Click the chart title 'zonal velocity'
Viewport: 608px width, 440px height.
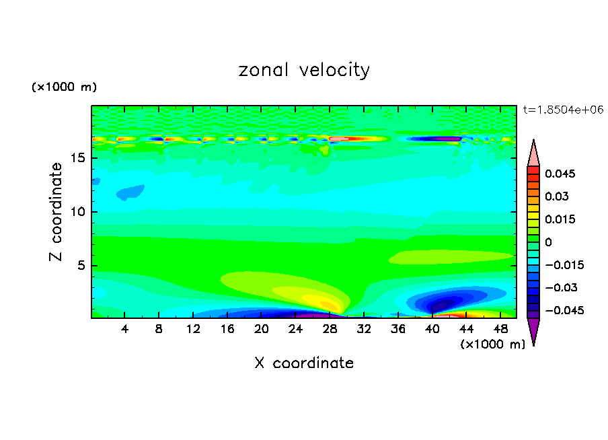[304, 71]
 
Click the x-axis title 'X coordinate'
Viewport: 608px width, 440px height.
[304, 363]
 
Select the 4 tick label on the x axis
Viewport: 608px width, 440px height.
[125, 328]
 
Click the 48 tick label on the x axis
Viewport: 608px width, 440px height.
[500, 328]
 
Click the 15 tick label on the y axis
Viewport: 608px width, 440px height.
[78, 159]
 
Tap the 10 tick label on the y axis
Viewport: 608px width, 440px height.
[78, 212]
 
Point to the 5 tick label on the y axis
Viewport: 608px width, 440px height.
[81, 265]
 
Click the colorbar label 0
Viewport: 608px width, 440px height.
[548, 242]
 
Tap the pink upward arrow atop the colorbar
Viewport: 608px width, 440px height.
[533, 153]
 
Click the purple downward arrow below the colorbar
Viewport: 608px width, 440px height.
[533, 331]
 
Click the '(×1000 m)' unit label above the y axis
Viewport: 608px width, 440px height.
[64, 87]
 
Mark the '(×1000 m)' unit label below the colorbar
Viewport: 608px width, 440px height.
[492, 344]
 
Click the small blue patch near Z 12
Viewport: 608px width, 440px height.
[130, 193]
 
